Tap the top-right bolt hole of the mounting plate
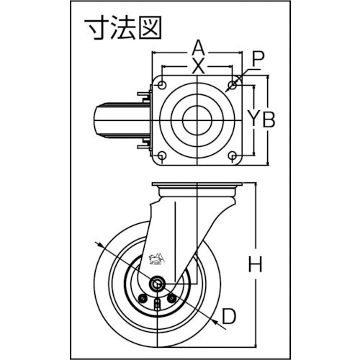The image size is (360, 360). (232, 86)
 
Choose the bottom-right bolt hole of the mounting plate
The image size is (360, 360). (232, 156)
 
